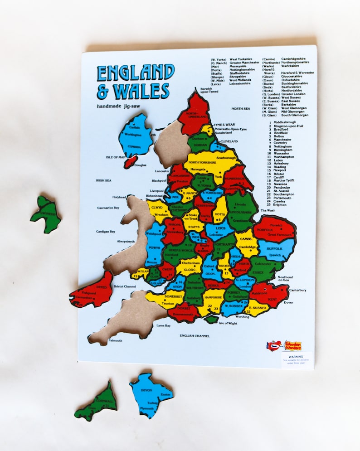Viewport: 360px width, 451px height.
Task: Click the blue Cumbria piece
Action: coord(135,134)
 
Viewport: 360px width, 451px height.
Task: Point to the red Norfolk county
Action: coord(275,229)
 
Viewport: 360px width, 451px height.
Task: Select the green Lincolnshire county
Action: coord(240,211)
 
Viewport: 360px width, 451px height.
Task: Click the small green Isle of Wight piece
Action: coord(211,319)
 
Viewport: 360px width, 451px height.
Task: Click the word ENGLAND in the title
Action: coord(136,73)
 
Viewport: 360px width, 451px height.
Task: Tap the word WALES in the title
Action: coord(141,91)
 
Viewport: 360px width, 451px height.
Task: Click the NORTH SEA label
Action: coord(240,109)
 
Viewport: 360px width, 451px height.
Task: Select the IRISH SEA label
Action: coord(103,180)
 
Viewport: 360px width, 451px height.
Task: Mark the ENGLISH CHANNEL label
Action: coord(194,336)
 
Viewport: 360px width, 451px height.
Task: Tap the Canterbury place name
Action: coord(297,290)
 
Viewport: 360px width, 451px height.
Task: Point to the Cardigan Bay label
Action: coord(106,232)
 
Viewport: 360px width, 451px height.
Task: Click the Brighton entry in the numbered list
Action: coord(280,205)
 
